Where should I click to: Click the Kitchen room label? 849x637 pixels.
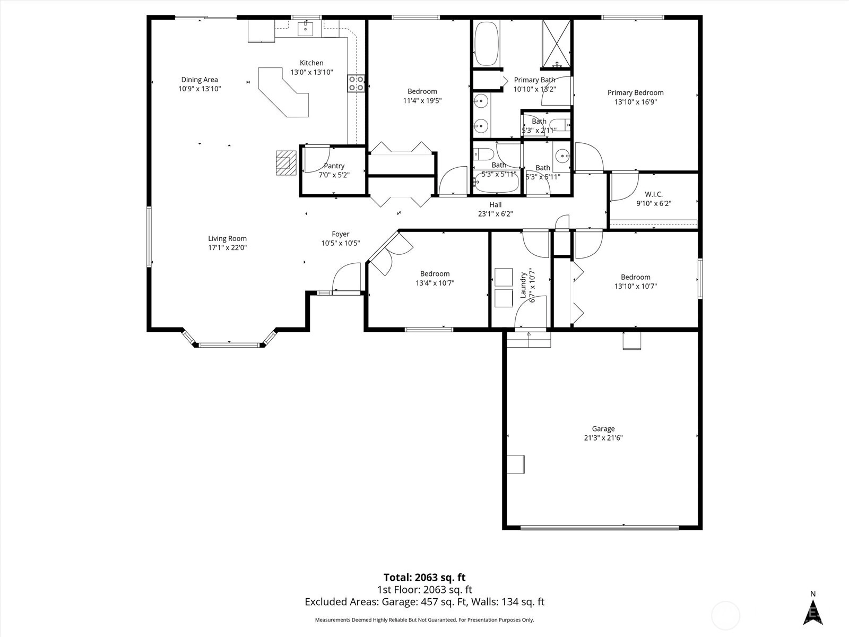(311, 63)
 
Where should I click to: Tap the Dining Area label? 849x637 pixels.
(200, 80)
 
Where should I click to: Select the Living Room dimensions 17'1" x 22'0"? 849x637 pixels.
(228, 247)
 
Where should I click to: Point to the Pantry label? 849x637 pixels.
(334, 166)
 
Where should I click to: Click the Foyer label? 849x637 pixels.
(340, 234)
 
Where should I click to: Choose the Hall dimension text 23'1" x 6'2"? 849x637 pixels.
(496, 214)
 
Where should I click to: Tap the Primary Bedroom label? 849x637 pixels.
(636, 93)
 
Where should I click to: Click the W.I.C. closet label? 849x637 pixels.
(654, 194)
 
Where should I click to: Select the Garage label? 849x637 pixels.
(603, 428)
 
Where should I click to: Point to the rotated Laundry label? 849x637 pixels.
(523, 285)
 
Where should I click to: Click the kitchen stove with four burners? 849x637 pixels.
(356, 83)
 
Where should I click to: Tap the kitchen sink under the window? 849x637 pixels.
(305, 29)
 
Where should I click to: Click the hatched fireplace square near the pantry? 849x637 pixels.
(286, 163)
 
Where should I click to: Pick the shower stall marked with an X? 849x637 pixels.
(556, 44)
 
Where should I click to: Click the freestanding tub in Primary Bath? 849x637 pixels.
(487, 44)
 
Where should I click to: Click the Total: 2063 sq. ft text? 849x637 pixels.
(424, 578)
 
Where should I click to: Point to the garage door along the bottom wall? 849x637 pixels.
(600, 528)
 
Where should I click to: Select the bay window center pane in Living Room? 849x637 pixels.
(229, 345)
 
